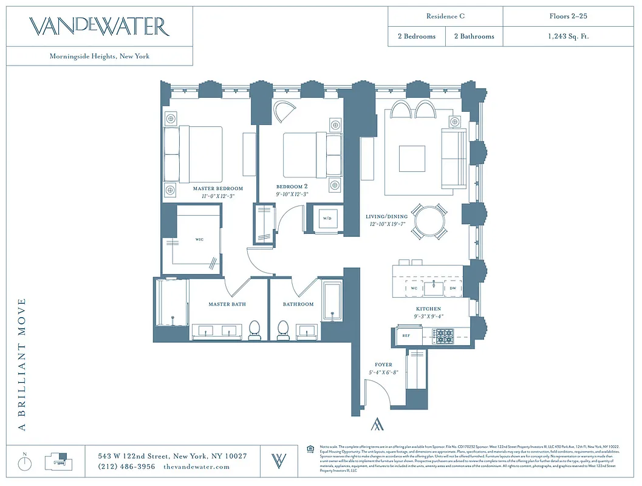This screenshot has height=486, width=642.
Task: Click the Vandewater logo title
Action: click(x=100, y=27)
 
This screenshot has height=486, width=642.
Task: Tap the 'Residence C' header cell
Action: click(x=445, y=16)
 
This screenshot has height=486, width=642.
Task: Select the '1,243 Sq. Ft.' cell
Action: click(x=568, y=36)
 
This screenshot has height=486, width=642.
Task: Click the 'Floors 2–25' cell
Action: click(x=568, y=16)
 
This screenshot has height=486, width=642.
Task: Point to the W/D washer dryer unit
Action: click(x=327, y=218)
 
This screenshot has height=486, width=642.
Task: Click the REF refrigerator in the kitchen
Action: click(x=406, y=335)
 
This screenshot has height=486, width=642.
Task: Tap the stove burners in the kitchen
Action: click(x=445, y=335)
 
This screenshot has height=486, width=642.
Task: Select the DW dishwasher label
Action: click(x=452, y=289)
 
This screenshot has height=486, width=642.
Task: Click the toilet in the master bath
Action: click(x=254, y=329)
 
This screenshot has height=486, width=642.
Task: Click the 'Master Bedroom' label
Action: click(x=218, y=189)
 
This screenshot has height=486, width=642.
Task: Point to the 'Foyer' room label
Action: click(x=383, y=365)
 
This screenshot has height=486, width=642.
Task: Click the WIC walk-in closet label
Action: click(x=199, y=239)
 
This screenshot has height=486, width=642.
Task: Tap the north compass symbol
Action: click(x=25, y=463)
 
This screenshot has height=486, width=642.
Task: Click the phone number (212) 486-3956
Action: click(x=127, y=467)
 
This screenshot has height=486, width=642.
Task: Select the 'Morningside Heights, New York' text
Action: click(x=100, y=56)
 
